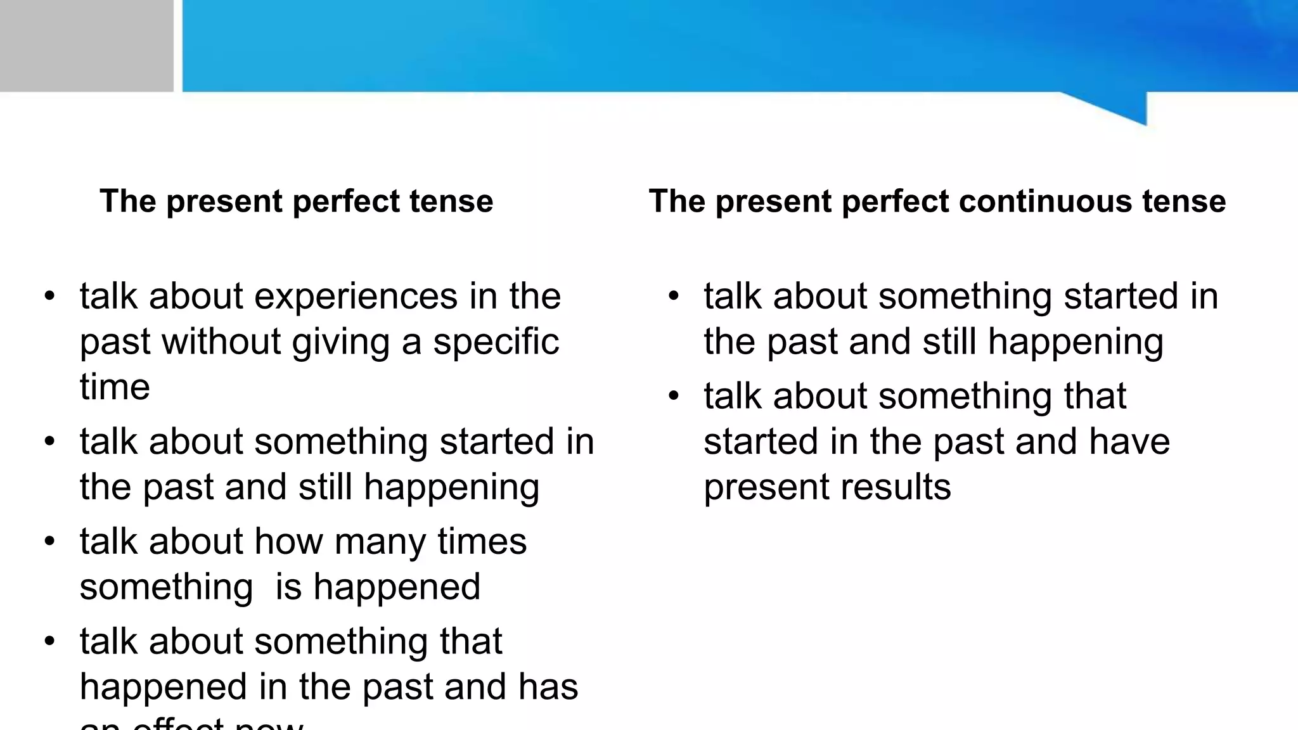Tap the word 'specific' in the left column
coord(496,342)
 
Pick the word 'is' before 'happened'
coord(288,587)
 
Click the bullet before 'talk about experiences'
coord(49,297)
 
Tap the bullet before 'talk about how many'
coord(49,542)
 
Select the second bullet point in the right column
coord(673,397)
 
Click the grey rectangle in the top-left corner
coord(86,46)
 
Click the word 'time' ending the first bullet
coord(115,387)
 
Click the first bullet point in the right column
coord(673,297)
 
